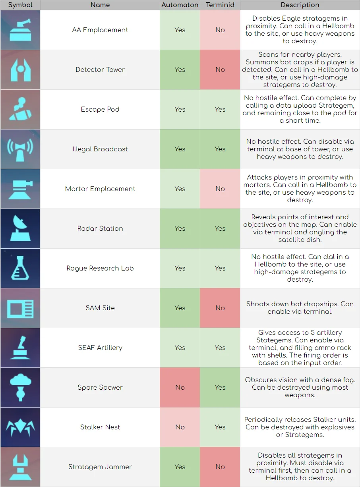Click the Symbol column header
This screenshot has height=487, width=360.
20,5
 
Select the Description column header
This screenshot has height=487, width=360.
300,5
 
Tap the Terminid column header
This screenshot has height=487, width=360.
220,5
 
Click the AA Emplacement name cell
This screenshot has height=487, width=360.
100,30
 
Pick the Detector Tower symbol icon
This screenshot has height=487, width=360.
20,70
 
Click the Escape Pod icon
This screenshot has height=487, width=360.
20,109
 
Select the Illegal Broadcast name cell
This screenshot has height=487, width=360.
100,149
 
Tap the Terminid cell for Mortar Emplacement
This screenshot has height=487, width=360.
220,189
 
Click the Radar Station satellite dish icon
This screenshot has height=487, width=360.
20,228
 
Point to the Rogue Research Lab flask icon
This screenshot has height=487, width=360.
20,268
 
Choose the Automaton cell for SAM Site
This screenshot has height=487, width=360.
180,308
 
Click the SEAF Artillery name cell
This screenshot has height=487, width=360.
100,348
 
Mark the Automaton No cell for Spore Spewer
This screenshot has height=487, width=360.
180,387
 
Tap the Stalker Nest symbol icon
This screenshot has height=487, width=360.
20,427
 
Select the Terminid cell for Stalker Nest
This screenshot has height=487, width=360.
220,427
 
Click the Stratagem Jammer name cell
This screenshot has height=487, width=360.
100,467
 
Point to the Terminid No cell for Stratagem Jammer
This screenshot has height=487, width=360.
220,467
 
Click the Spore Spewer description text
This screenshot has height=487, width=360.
300,387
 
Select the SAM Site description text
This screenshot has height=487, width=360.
300,308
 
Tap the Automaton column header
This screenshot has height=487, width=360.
180,5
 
